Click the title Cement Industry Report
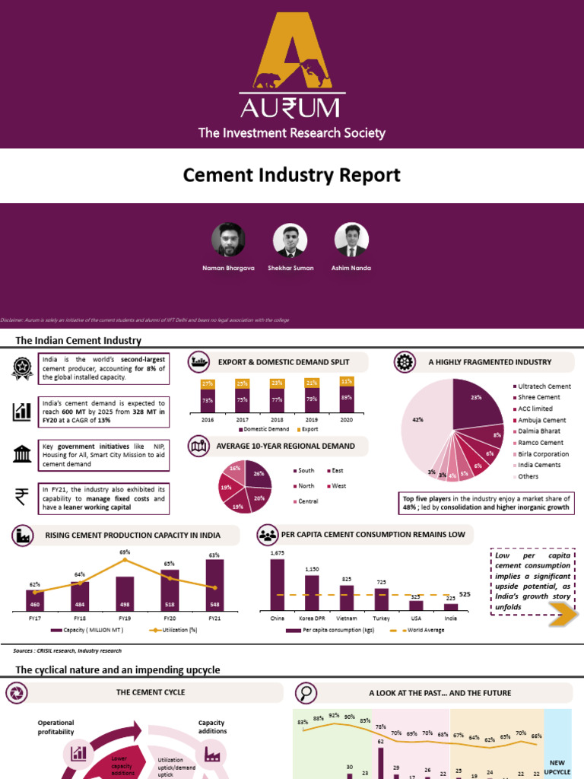[x=292, y=175]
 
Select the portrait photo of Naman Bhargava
[x=228, y=240]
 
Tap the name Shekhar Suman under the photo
[x=290, y=268]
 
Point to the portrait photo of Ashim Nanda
[x=351, y=240]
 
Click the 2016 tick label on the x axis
[x=208, y=419]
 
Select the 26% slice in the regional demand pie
[x=257, y=476]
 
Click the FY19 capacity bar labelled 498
[x=125, y=593]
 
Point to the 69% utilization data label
[x=125, y=552]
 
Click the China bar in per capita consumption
[x=278, y=584]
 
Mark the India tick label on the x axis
[x=451, y=618]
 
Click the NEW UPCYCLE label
[x=557, y=766]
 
